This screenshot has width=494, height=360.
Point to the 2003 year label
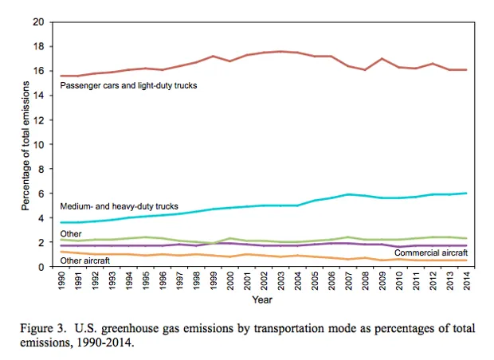tap(281, 281)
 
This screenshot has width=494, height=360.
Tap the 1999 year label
tap(214, 281)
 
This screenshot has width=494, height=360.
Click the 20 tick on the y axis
tap(38, 22)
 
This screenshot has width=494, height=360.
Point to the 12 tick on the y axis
tap(38, 119)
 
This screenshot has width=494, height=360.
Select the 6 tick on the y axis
tap(41, 193)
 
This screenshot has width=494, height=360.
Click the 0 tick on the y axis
tap(41, 266)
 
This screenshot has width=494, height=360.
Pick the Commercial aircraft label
tap(431, 252)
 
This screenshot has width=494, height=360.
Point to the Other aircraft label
tap(85, 260)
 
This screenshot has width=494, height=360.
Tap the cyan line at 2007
tap(349, 194)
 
